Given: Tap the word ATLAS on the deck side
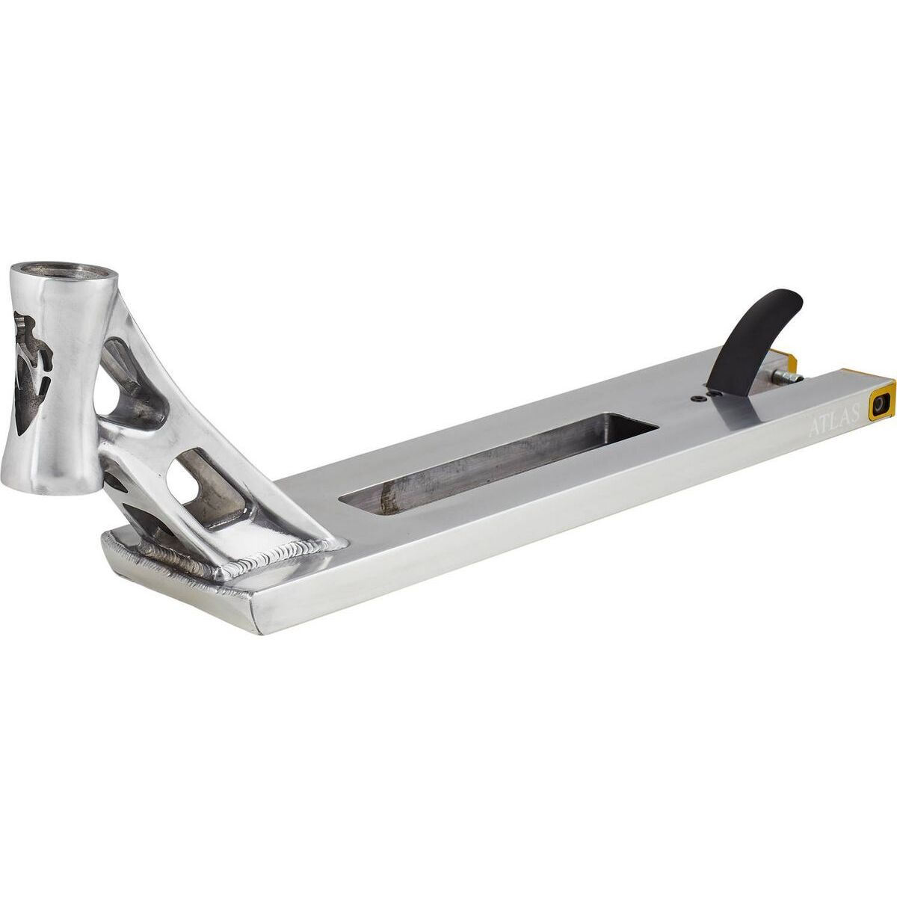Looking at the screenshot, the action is coord(833,422).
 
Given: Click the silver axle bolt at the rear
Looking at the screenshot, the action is coord(787,376).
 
